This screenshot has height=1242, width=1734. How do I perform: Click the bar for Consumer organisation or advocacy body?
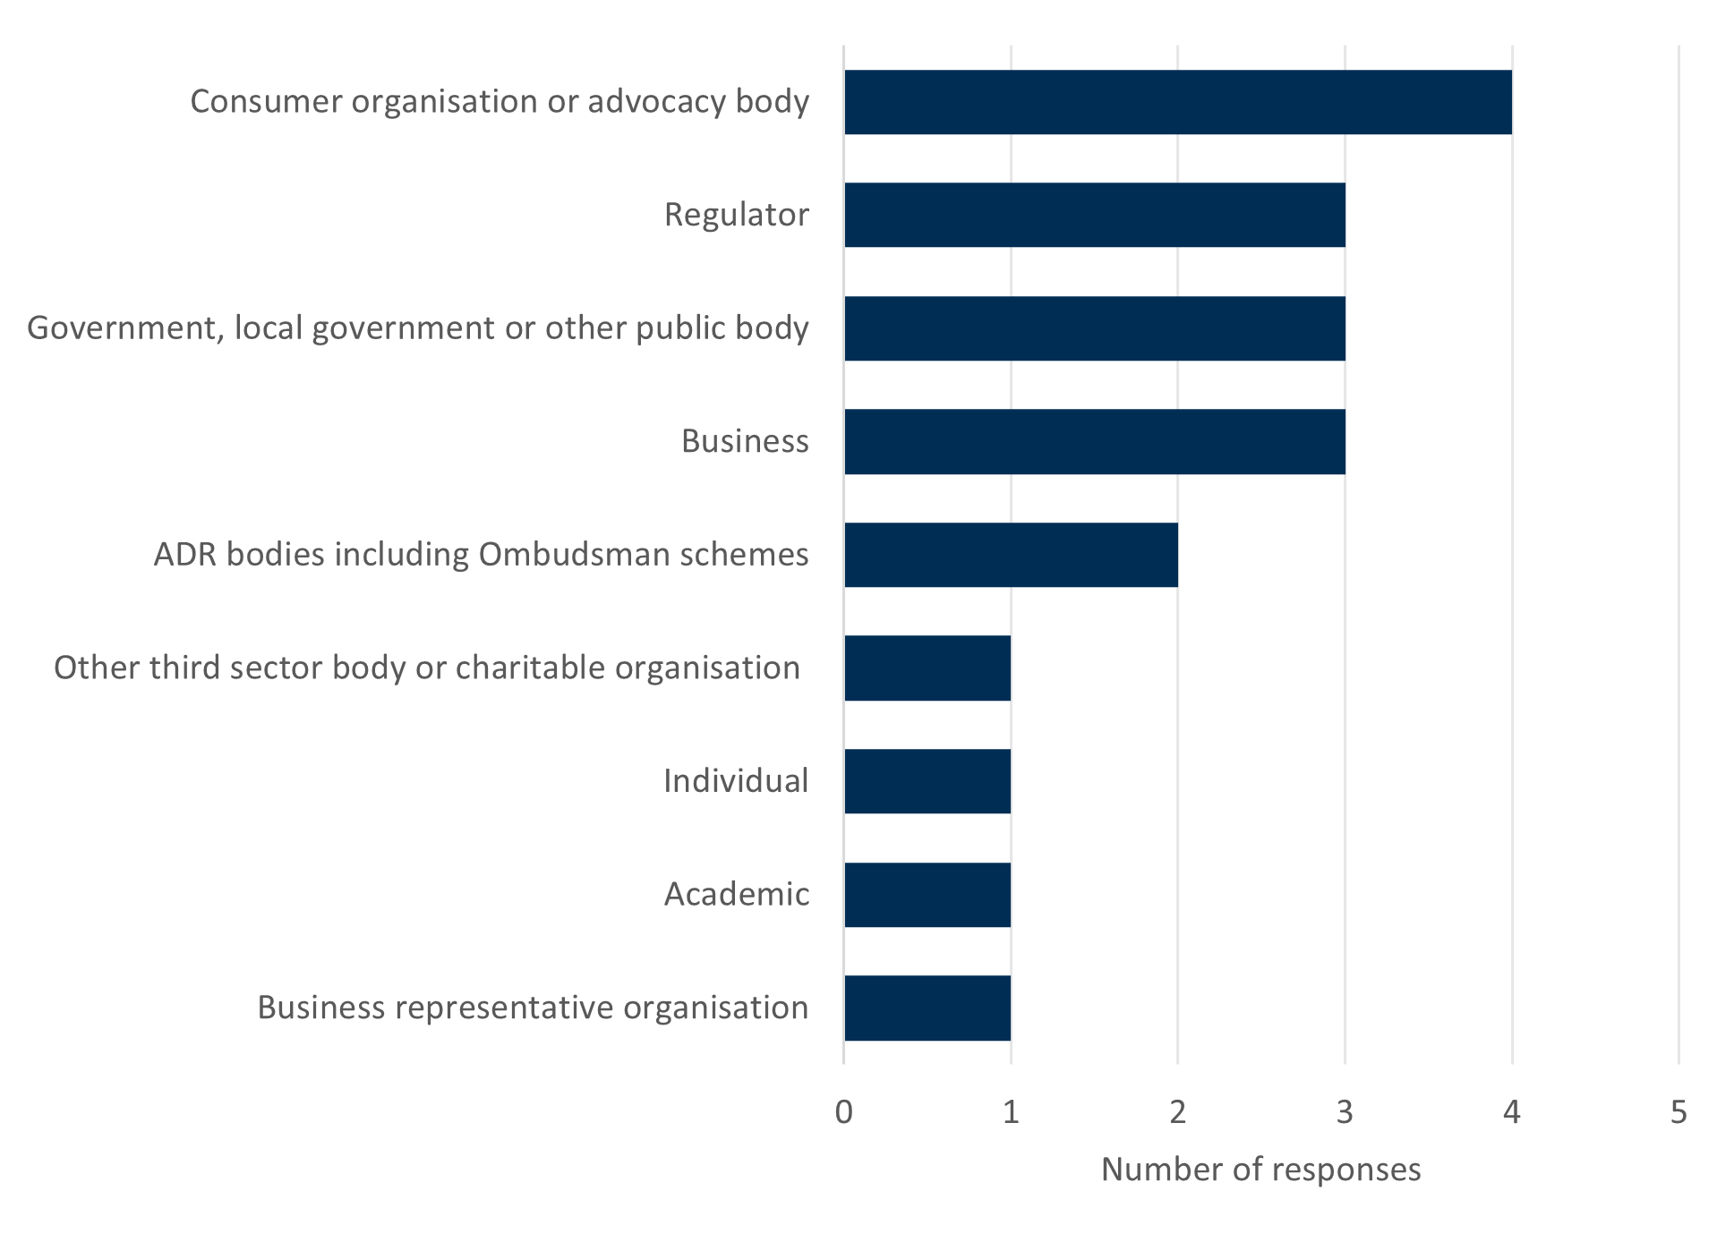(1177, 102)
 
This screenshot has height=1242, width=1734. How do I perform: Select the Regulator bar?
(1094, 215)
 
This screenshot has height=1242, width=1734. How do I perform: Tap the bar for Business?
(1094, 441)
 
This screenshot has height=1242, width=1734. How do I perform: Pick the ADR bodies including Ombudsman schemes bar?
(1011, 555)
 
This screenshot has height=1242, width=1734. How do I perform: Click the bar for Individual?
(927, 781)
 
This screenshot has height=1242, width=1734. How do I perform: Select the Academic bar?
(927, 895)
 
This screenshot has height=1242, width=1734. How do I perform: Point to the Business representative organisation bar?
(927, 1008)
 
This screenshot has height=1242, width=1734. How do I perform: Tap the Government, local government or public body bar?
(1094, 328)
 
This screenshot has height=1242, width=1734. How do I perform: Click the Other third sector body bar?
(927, 668)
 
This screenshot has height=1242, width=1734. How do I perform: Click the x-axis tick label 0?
(843, 1112)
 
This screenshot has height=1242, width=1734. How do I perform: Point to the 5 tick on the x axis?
(1678, 1112)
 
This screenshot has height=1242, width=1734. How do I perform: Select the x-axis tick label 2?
(1177, 1112)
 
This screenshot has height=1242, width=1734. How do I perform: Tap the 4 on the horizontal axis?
(1512, 1112)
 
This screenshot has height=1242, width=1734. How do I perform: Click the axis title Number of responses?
(1260, 1170)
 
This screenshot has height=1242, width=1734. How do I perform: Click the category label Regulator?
(736, 215)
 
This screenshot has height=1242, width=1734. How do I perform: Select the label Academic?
(736, 895)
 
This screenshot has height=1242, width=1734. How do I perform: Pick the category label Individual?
(736, 781)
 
